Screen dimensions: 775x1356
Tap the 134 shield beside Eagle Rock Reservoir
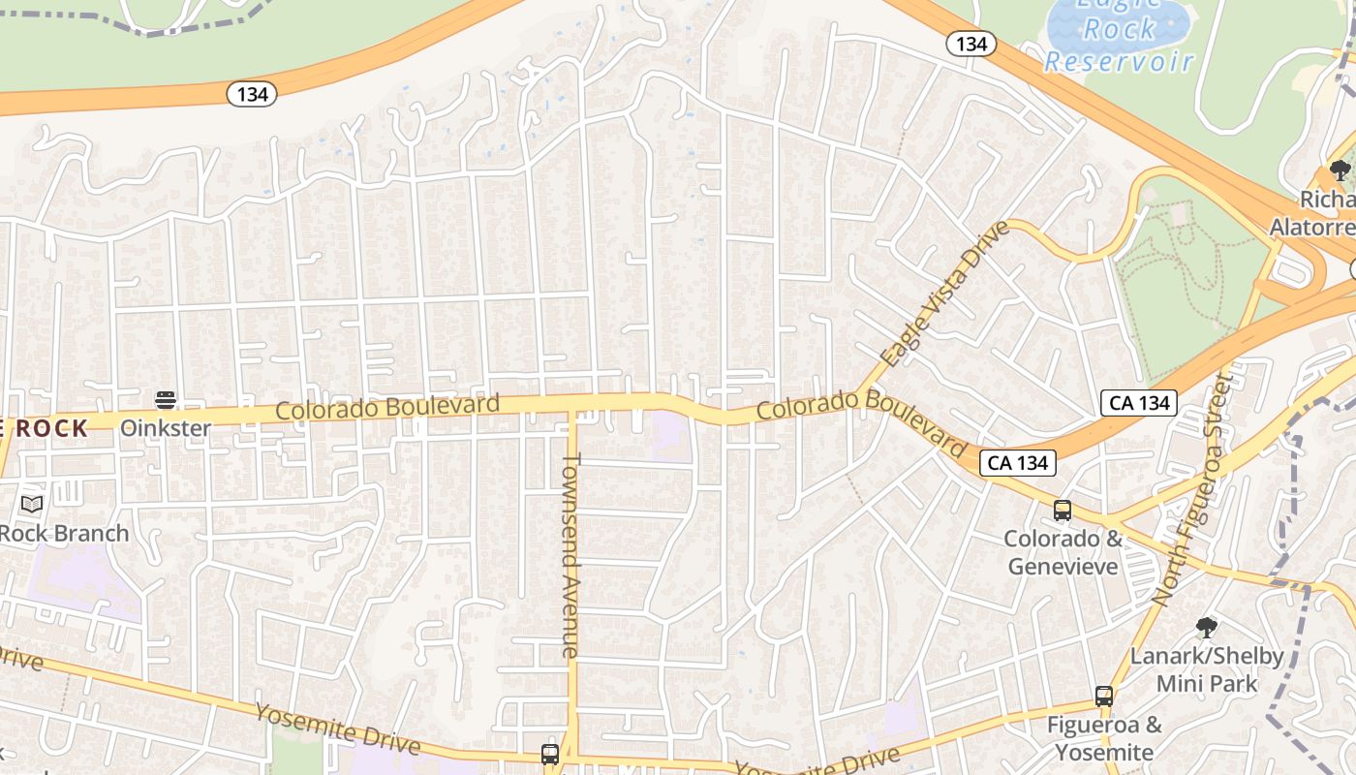[971, 44]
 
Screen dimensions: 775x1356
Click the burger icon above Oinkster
[166, 400]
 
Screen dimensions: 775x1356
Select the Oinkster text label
[166, 427]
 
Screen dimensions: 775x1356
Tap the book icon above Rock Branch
[32, 504]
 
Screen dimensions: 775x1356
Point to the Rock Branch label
[64, 533]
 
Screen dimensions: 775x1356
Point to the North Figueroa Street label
[1194, 484]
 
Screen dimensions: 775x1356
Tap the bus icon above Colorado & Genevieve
[1063, 511]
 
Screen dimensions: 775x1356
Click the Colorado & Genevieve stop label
[1063, 552]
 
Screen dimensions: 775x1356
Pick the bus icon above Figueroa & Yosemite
[1103, 696]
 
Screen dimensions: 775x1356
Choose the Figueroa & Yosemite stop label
[1104, 738]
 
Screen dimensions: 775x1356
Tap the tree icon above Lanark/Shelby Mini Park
[1206, 627]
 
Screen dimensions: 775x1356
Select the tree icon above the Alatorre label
[1341, 171]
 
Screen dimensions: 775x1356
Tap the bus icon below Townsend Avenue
[550, 754]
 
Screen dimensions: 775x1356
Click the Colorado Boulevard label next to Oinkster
[387, 407]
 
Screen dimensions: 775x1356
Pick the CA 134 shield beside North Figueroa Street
[1139, 403]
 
